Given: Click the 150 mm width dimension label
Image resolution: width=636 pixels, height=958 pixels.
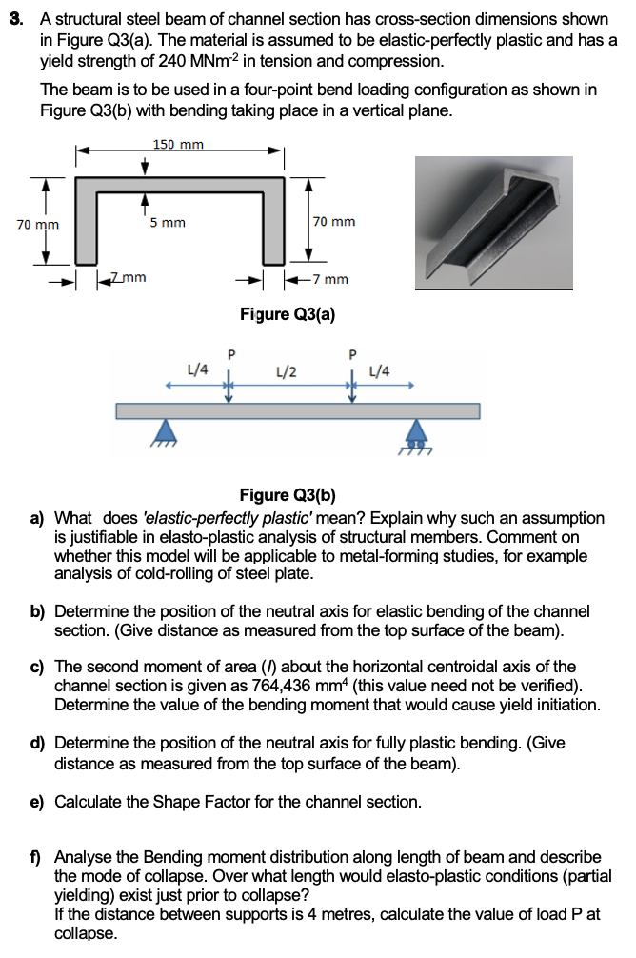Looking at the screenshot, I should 177,145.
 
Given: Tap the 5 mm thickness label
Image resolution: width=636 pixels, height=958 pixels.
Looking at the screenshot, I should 168,223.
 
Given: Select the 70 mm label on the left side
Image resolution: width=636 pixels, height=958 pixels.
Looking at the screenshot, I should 38,225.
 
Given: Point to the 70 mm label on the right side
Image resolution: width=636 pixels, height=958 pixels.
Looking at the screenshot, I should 334,222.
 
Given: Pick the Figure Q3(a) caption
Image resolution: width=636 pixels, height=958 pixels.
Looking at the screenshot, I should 288,314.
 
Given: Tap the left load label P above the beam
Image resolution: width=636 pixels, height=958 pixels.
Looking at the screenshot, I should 229,356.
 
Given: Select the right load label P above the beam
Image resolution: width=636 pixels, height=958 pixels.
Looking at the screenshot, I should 352,356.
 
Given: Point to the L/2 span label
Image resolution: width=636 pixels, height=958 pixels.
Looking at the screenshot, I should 285,370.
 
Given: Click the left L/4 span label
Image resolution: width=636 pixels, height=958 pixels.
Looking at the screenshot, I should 199,369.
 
